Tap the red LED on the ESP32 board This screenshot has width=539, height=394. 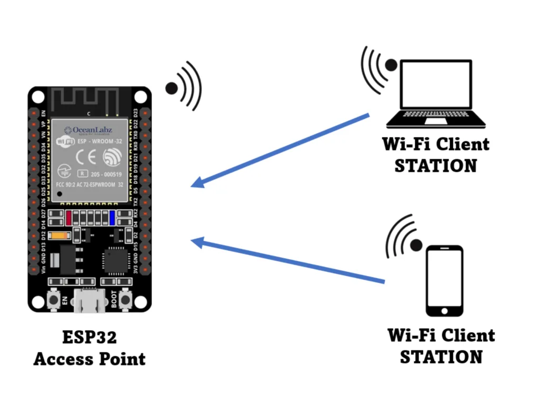click(x=68, y=216)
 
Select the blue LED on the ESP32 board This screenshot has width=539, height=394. click(x=112, y=216)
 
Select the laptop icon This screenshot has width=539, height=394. click(x=435, y=95)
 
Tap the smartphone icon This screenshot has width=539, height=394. click(x=444, y=281)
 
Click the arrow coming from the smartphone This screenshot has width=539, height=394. click(x=287, y=261)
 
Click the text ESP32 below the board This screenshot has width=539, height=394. click(x=89, y=338)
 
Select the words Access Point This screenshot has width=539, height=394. click(x=89, y=359)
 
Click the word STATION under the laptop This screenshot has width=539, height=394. click(x=435, y=165)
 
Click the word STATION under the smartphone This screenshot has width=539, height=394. click(x=441, y=357)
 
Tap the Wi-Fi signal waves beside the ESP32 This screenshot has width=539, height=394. click(x=184, y=87)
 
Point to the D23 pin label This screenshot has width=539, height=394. click(x=136, y=113)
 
